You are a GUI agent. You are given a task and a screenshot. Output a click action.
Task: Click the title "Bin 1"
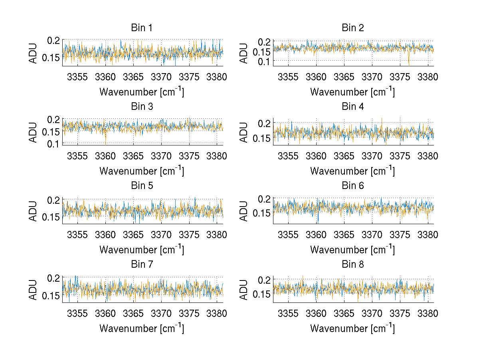point(142,28)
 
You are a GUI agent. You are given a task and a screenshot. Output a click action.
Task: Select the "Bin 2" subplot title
point(353,28)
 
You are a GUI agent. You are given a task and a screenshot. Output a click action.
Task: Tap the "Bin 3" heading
point(142,107)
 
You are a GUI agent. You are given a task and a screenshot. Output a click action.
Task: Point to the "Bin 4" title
point(353,107)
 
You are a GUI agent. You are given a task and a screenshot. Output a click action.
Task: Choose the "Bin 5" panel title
point(142,185)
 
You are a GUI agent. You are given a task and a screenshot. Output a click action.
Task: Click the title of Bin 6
point(353,185)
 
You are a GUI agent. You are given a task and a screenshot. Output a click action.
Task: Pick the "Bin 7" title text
point(142,264)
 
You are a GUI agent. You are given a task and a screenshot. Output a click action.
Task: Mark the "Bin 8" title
point(353,264)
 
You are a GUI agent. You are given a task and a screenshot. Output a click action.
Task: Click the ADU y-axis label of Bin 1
point(34,53)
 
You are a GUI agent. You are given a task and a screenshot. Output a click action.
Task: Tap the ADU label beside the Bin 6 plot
point(245,211)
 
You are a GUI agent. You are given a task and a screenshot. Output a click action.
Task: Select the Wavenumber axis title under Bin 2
point(352,92)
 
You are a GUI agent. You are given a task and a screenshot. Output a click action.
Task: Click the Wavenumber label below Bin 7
point(142,328)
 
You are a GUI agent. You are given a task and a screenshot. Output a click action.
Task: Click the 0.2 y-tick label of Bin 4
point(265,123)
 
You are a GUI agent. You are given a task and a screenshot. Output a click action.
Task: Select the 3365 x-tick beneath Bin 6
point(344,235)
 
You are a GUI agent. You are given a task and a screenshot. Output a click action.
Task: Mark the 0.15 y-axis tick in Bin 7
point(52,295)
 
